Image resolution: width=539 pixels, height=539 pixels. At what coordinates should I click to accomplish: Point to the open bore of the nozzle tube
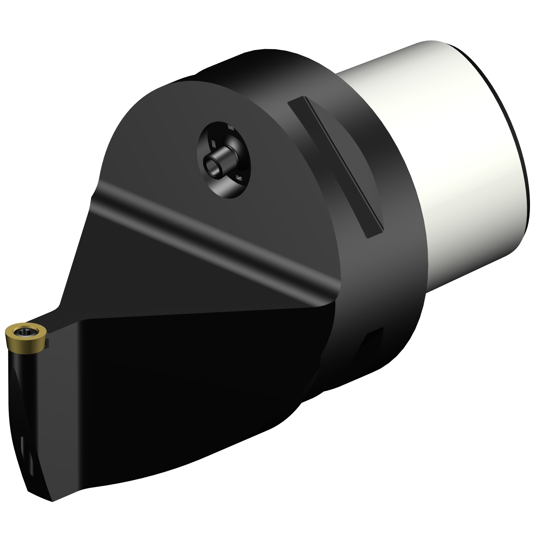[210, 166]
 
